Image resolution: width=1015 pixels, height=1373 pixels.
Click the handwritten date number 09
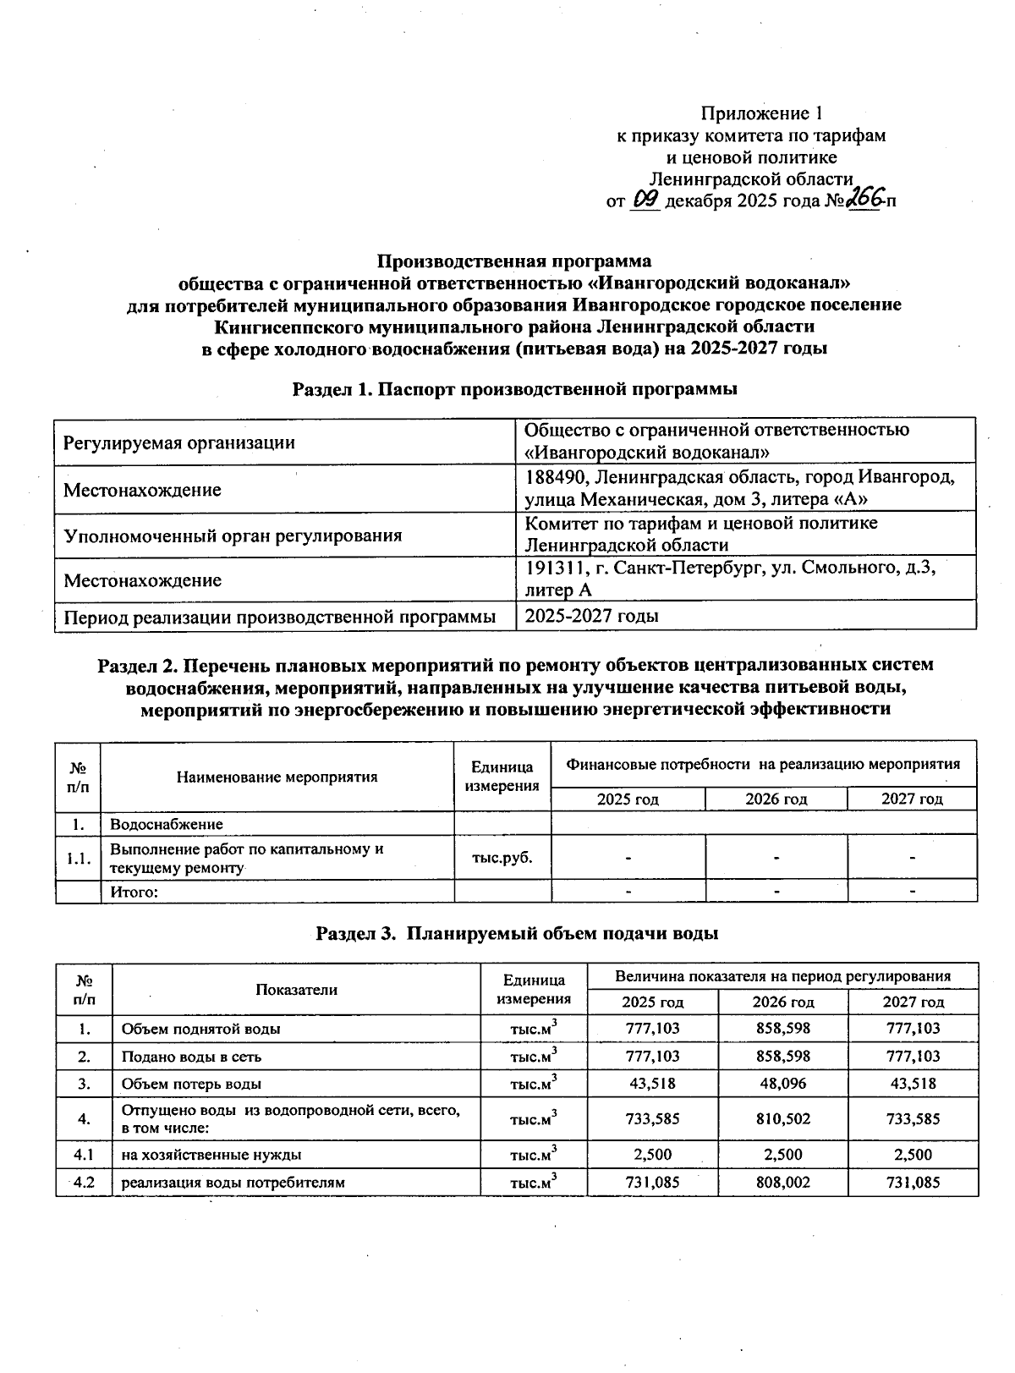645,200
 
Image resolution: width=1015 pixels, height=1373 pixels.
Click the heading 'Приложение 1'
761,113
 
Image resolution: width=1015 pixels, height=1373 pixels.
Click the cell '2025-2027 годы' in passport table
591,616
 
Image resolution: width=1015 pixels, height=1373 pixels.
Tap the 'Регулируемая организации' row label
180,442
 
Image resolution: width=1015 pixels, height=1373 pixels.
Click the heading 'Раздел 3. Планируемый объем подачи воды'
517,933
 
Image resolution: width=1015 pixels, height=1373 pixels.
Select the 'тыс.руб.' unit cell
502,857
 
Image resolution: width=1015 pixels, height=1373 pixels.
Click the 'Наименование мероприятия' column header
277,777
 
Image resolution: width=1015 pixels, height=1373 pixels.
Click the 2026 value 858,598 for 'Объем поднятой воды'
782,1029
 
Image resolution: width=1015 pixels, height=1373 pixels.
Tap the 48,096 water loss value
782,1084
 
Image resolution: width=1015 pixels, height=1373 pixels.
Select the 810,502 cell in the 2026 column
782,1118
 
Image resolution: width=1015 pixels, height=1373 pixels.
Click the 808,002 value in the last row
782,1182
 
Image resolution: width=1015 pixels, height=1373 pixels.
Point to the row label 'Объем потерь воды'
191,1084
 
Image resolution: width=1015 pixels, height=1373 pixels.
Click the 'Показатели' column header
297,990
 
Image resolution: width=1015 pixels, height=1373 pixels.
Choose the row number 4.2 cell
84,1182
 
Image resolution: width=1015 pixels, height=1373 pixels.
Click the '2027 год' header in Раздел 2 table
912,799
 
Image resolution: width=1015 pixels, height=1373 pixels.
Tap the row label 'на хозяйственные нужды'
211,1154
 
